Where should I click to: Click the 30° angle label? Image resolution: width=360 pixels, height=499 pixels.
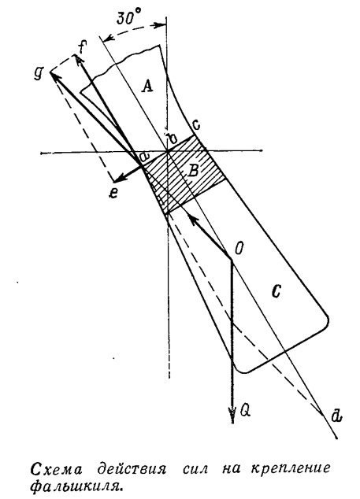pyautogui.click(x=125, y=18)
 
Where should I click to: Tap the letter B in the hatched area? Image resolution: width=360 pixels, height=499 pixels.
pyautogui.click(x=193, y=172)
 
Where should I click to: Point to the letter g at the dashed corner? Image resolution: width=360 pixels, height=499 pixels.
pyautogui.click(x=39, y=74)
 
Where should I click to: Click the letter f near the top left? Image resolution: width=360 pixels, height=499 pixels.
pyautogui.click(x=82, y=47)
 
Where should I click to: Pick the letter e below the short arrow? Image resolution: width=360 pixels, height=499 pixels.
pyautogui.click(x=113, y=193)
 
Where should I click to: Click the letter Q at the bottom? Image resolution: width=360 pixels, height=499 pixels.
pyautogui.click(x=246, y=411)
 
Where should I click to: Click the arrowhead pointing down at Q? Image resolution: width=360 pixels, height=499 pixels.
pyautogui.click(x=233, y=416)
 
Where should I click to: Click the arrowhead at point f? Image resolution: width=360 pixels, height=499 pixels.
pyautogui.click(x=78, y=59)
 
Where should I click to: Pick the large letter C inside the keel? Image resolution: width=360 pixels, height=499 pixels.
pyautogui.click(x=276, y=291)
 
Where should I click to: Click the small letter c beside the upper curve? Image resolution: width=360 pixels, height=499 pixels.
pyautogui.click(x=197, y=126)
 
